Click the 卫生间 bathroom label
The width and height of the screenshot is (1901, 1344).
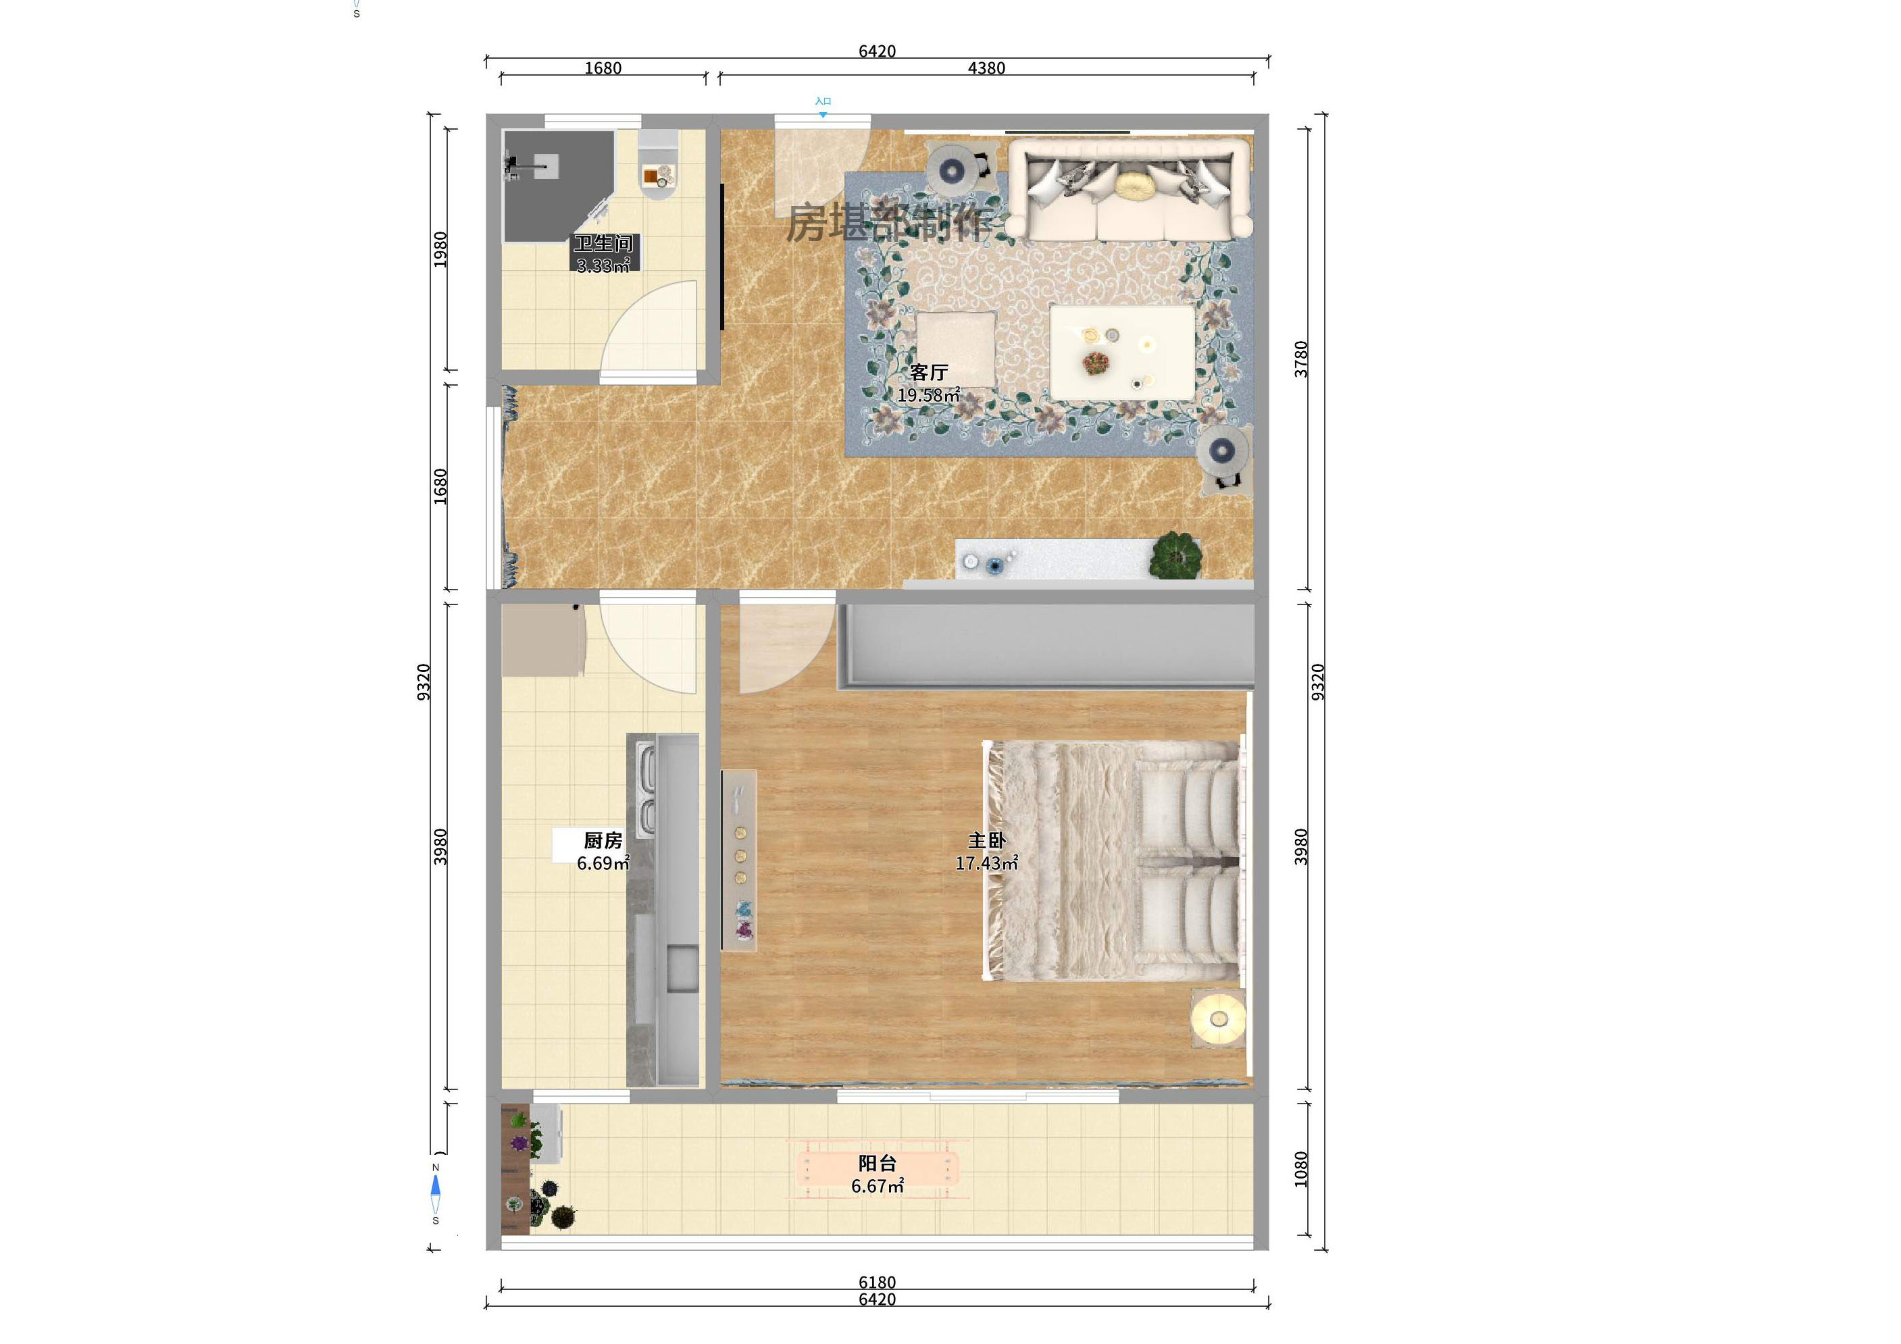(x=603, y=243)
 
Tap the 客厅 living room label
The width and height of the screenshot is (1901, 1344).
(x=928, y=372)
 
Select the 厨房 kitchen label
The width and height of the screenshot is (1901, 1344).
(x=603, y=841)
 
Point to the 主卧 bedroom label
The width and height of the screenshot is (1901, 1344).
(x=986, y=841)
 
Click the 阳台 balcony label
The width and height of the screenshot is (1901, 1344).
(x=877, y=1164)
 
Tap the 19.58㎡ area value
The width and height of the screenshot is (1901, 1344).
(x=928, y=396)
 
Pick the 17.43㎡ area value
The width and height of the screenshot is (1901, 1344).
(x=986, y=864)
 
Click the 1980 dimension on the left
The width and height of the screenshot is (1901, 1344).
(x=440, y=249)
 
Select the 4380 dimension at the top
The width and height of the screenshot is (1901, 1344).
(x=986, y=68)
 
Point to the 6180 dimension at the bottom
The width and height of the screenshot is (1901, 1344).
(x=877, y=1282)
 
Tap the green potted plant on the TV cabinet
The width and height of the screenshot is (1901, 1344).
(x=1175, y=554)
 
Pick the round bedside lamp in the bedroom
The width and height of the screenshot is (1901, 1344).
(x=1218, y=1018)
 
